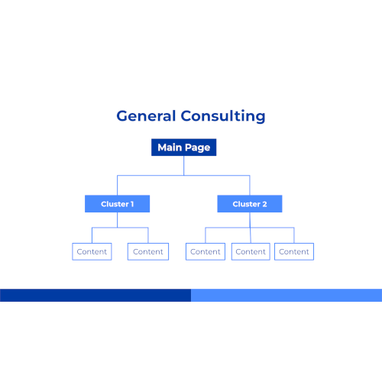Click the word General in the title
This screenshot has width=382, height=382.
point(146,116)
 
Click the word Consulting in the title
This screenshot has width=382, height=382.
point(223,116)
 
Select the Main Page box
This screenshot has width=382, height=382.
point(184,147)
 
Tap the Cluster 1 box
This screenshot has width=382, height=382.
point(117,204)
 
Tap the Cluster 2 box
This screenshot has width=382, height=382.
point(250,204)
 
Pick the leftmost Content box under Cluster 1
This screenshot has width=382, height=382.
point(92,251)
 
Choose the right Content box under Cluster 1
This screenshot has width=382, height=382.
point(148,251)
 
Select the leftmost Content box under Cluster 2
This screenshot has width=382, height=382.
point(206,251)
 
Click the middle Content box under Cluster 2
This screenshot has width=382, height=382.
point(251,251)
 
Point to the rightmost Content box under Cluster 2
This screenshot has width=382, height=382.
point(294,251)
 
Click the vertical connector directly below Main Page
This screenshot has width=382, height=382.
point(184,166)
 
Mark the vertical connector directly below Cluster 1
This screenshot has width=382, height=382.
point(118,220)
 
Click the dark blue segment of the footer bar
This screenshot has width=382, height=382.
point(95,296)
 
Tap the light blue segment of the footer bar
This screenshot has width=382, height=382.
point(286,296)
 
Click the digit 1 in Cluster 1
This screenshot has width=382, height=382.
point(132,204)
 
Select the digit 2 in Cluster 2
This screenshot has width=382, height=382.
point(264,204)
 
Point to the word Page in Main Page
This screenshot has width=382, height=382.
point(198,147)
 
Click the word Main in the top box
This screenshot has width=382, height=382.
point(170,147)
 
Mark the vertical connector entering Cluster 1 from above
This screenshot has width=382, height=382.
point(118,186)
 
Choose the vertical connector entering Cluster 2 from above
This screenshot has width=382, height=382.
point(250,186)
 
